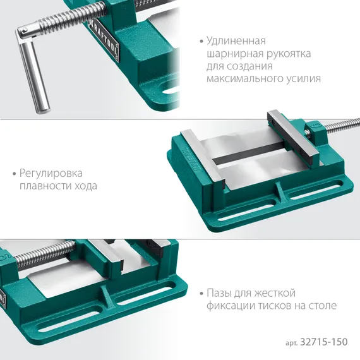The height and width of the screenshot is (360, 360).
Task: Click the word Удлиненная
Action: tap(237, 41)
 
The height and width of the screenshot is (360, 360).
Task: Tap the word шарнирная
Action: tap(234, 54)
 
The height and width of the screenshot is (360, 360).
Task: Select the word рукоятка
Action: tap(288, 54)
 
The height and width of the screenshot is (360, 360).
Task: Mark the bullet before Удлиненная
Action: tap(200, 41)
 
